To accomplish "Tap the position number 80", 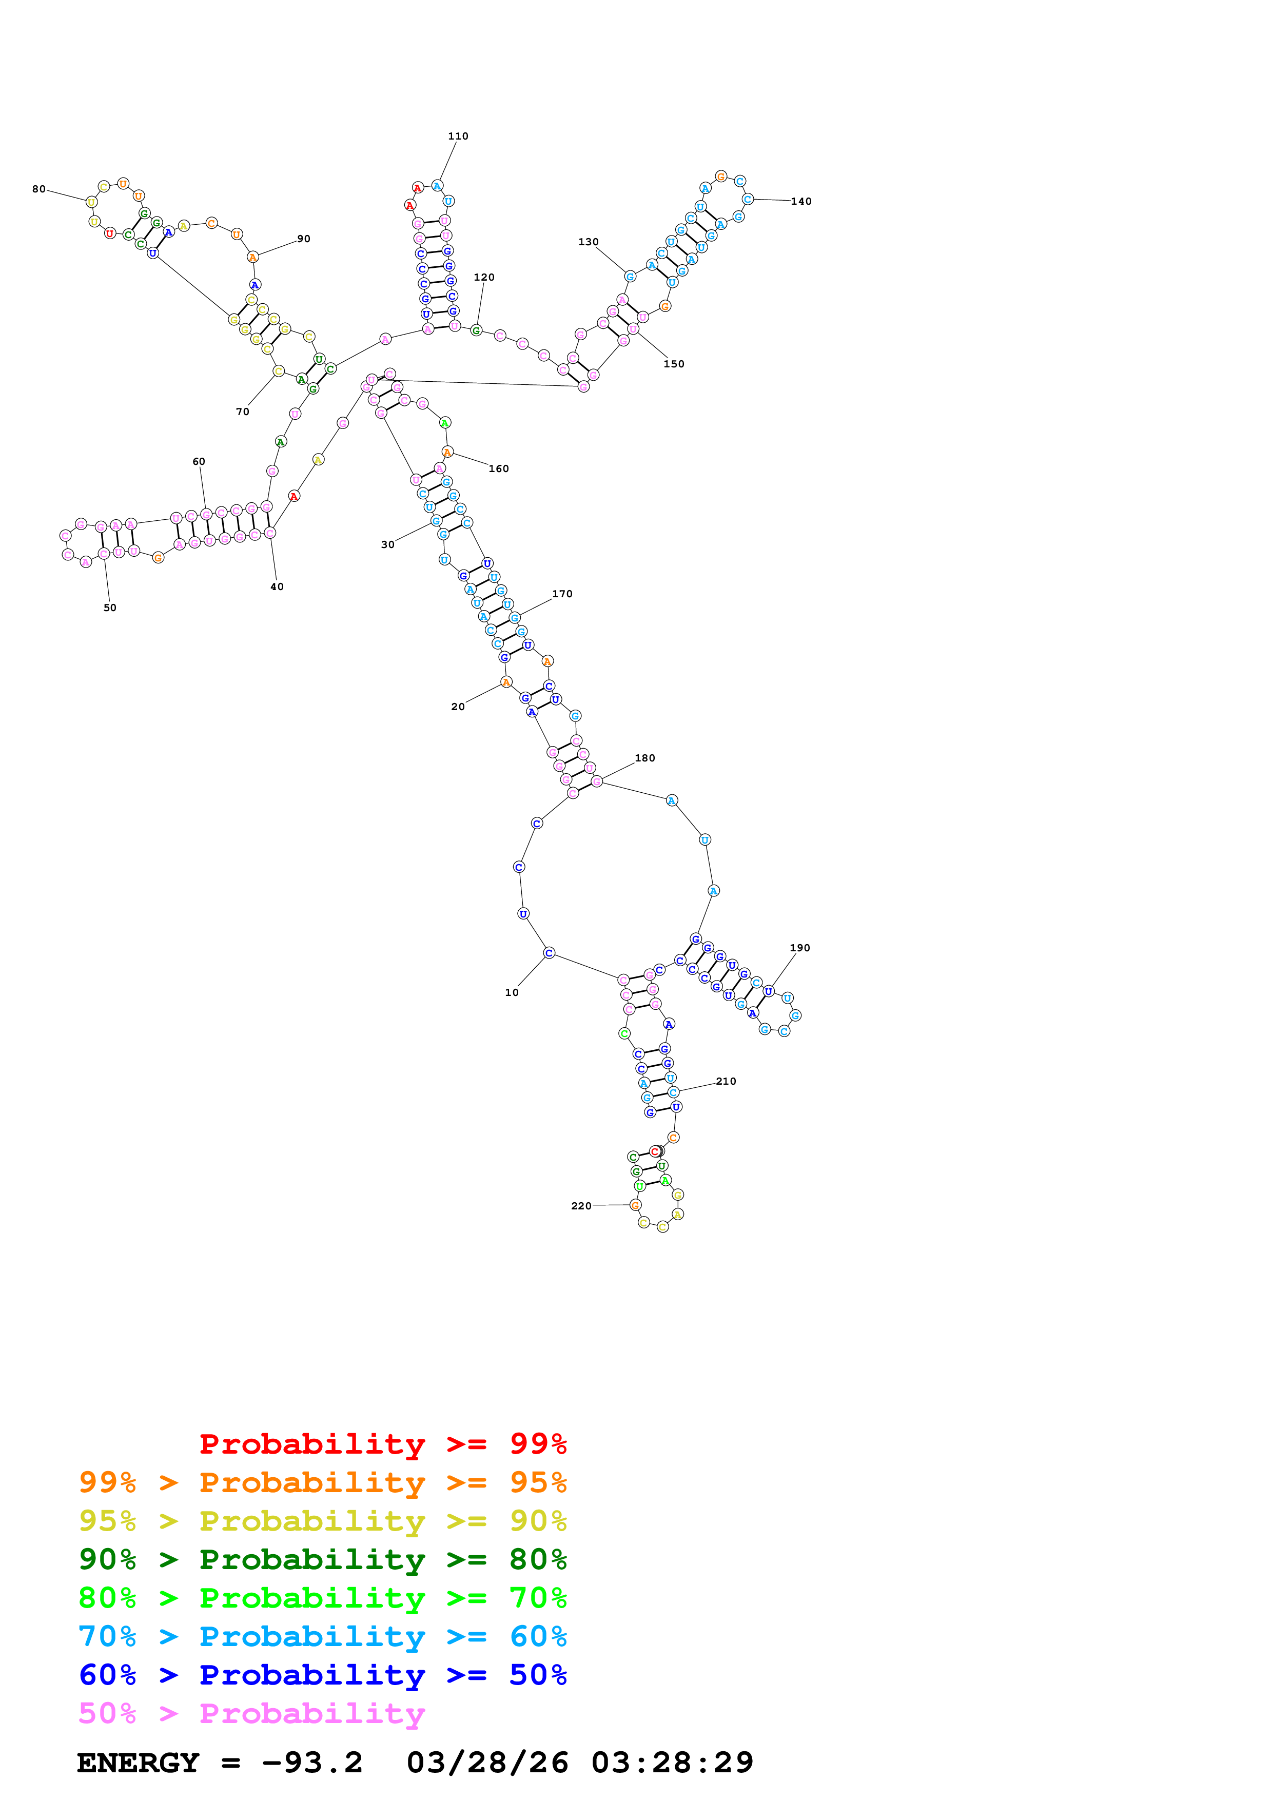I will pyautogui.click(x=38, y=189).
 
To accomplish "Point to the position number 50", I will pyautogui.click(x=110, y=608).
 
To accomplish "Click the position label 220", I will pyautogui.click(x=581, y=1206).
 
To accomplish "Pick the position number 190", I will pyautogui.click(x=799, y=948).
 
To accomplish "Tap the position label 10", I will pyautogui.click(x=512, y=992).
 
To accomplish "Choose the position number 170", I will pyautogui.click(x=562, y=594).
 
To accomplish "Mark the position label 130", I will pyautogui.click(x=588, y=242).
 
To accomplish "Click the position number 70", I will pyautogui.click(x=242, y=412).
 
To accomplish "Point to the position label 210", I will pyautogui.click(x=726, y=1081).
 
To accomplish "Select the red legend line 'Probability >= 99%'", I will pyautogui.click(x=382, y=1444).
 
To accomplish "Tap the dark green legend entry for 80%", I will pyautogui.click(x=322, y=1559).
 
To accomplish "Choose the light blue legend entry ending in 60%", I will pyautogui.click(x=322, y=1636).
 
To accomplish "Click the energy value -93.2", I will pyautogui.click(x=312, y=1763).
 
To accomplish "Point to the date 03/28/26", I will pyautogui.click(x=487, y=1763).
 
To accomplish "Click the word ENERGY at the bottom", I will pyautogui.click(x=138, y=1763).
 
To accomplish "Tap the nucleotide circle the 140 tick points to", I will pyautogui.click(x=748, y=199).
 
